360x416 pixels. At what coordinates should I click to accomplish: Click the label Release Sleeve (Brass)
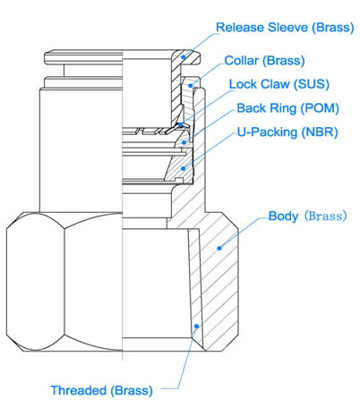click(285, 28)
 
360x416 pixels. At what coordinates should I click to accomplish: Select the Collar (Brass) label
click(264, 61)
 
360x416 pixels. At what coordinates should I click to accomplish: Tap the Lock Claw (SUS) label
click(279, 84)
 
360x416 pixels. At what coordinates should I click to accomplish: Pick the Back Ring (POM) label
click(287, 108)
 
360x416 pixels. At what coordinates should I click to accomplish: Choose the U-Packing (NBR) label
click(287, 132)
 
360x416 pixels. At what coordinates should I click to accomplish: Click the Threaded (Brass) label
click(102, 391)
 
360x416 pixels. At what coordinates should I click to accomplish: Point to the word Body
click(283, 216)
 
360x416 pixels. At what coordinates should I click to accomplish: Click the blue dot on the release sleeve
click(184, 57)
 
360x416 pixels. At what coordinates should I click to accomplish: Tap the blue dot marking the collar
click(191, 86)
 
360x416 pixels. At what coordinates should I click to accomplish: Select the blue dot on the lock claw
click(180, 125)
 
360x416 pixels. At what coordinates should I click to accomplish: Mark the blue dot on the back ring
click(184, 142)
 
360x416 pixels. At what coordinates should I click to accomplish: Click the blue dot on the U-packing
click(184, 168)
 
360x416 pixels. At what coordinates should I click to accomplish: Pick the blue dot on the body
click(219, 248)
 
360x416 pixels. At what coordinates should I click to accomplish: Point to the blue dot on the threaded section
click(196, 327)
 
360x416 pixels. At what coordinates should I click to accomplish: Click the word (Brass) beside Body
click(325, 216)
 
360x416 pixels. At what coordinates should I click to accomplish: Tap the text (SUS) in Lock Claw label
click(312, 84)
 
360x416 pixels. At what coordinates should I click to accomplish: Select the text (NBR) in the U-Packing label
click(320, 132)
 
